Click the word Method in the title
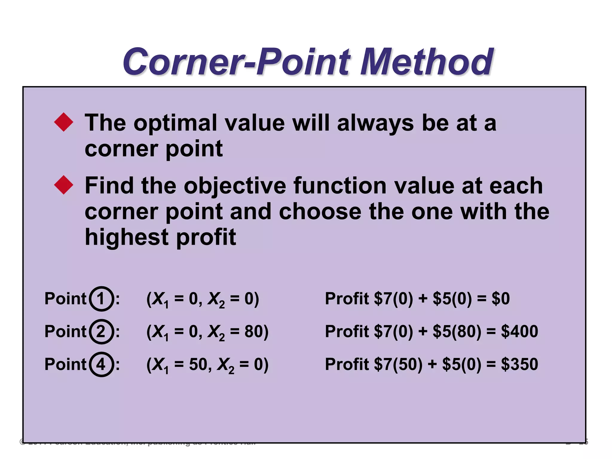[426, 62]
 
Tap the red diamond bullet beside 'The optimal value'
[64, 122]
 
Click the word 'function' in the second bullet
[340, 186]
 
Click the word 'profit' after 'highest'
[206, 238]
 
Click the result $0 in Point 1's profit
[501, 299]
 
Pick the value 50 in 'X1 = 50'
[198, 364]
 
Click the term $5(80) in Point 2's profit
[457, 331]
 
